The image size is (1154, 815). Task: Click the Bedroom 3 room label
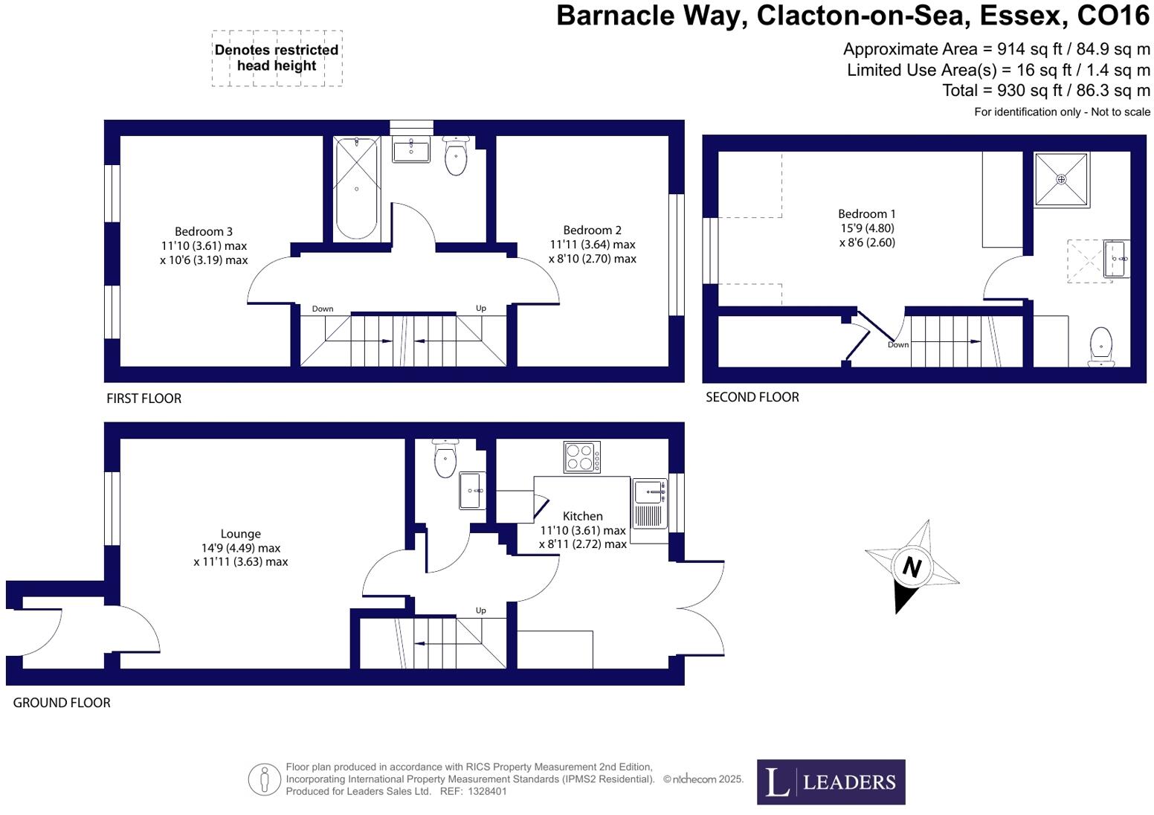click(x=203, y=231)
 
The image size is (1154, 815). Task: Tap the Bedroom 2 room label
click(x=592, y=231)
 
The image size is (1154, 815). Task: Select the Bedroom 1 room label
click(x=866, y=214)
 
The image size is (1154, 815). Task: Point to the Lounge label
click(x=240, y=534)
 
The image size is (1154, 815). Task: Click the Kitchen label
click(x=582, y=516)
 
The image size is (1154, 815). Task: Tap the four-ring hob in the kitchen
click(x=582, y=457)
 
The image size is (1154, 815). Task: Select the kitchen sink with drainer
click(x=650, y=503)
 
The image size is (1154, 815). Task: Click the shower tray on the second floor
click(x=1061, y=179)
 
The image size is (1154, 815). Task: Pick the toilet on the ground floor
click(x=445, y=458)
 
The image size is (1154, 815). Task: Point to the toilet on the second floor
click(x=1100, y=347)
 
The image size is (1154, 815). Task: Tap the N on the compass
click(x=912, y=568)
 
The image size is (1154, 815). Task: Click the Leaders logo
click(x=831, y=782)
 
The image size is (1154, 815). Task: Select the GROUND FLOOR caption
click(x=62, y=703)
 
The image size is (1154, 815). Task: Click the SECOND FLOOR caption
click(x=752, y=397)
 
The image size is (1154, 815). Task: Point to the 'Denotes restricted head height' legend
click(x=277, y=58)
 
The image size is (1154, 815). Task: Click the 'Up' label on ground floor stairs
click(x=480, y=611)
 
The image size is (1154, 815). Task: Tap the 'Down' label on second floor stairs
click(x=897, y=344)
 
